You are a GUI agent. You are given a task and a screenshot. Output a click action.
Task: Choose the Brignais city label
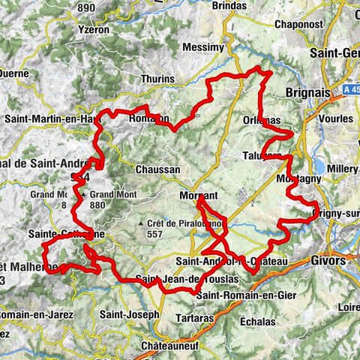click(307, 92)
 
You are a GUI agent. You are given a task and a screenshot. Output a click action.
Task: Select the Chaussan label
click(157, 169)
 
